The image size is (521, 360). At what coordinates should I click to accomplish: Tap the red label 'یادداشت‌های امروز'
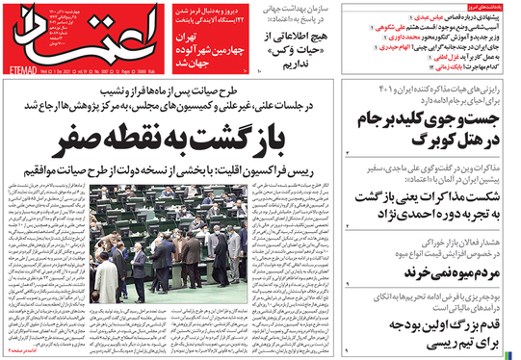pos(490,7)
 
